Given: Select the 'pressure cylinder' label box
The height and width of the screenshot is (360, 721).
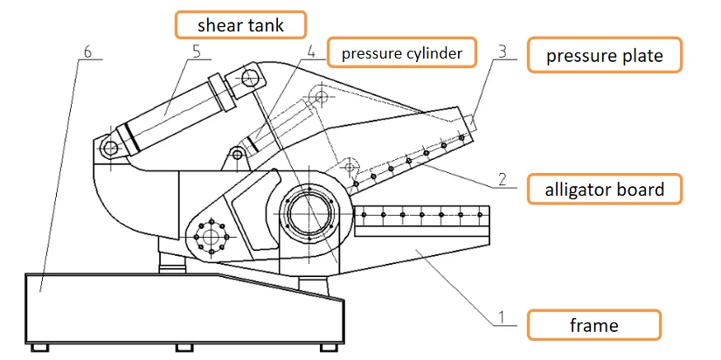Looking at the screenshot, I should coord(401,53).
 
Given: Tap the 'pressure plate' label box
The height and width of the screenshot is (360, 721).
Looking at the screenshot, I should coord(604,57).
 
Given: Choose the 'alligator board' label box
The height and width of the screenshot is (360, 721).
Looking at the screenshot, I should coord(604,189).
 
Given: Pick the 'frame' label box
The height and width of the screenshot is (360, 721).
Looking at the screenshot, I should coord(593,326).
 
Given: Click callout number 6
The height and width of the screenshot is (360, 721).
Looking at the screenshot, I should coord(86,51).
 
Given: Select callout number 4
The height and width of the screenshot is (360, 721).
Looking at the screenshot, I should coord(311,52).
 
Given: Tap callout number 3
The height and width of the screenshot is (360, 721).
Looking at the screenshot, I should coord(501,51).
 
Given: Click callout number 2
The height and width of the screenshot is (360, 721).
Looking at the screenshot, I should coord(502,179).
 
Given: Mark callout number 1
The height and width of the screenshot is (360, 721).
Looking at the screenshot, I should coord(502,318).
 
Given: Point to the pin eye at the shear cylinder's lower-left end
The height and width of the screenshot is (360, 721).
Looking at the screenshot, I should coord(110,149).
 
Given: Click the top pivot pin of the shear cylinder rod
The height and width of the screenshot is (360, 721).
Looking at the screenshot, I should coord(252,80).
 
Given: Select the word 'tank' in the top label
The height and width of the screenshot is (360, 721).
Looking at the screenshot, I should coord(266,24).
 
